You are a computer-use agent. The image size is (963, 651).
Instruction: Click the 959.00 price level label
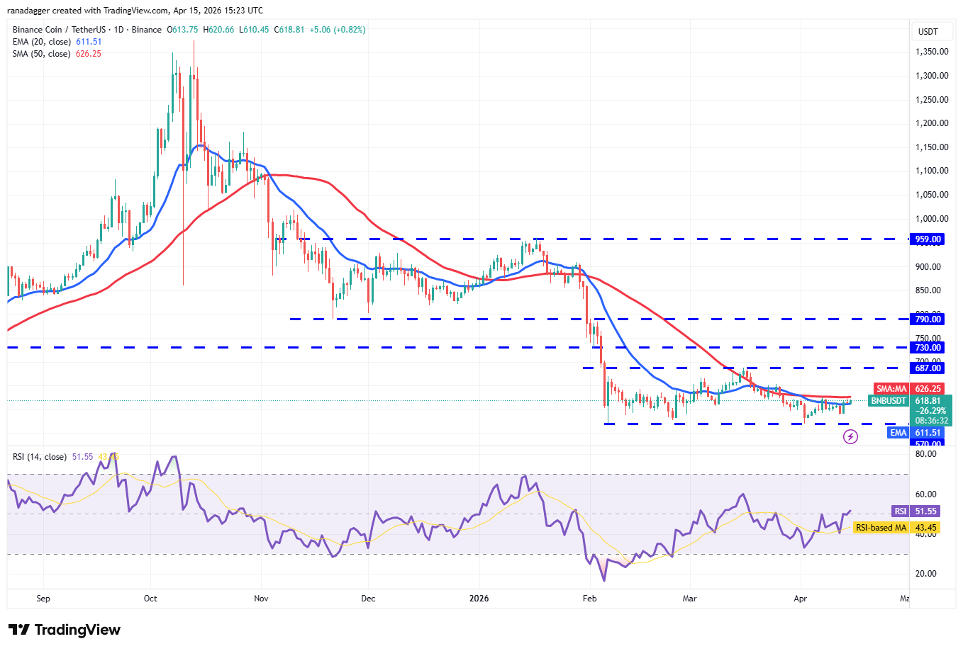coord(928,239)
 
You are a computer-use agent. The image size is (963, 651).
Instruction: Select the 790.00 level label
coord(928,319)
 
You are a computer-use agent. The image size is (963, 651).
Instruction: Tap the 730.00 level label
coord(928,348)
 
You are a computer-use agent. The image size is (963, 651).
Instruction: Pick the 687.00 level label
coord(928,368)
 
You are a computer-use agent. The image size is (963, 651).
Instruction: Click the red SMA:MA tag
coord(891,389)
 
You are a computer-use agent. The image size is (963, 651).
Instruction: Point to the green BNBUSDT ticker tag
coord(889,401)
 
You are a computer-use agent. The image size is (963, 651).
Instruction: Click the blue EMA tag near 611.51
coord(898,433)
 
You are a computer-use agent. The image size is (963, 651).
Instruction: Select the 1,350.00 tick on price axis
coord(932,52)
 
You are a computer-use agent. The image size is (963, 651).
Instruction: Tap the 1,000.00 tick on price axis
coord(932,219)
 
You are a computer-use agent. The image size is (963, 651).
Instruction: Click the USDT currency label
coord(928,31)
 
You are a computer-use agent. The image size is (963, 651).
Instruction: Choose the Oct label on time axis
coord(150,599)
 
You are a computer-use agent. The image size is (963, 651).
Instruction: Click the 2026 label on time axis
coord(479,599)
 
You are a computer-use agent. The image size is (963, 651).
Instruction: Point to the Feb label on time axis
coord(589,599)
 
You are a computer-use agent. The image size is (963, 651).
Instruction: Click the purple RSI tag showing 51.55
coord(900,511)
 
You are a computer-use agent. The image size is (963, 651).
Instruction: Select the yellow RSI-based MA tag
coord(881,528)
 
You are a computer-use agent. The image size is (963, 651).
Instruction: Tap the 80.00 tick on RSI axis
coord(925,454)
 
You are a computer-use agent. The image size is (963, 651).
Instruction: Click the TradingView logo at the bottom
coord(65,630)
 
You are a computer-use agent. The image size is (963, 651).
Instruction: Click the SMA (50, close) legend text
coord(41,54)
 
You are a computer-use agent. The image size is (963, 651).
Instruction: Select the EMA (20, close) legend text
coord(41,42)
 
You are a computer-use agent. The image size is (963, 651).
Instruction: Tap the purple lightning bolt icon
coord(850,437)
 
